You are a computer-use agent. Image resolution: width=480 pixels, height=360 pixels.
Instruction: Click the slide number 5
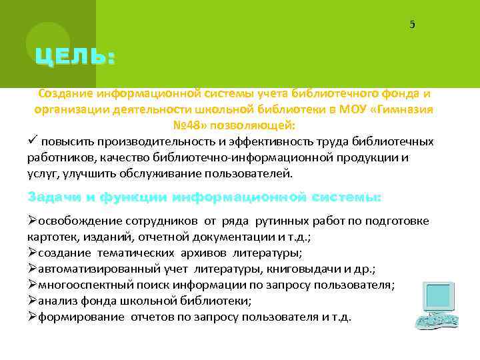tap(412, 25)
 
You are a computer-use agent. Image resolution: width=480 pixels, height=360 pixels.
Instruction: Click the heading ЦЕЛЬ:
tap(75, 57)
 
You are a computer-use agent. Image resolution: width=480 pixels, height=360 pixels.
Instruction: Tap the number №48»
tap(191, 125)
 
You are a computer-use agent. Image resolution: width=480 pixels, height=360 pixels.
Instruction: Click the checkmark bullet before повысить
tap(32, 141)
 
